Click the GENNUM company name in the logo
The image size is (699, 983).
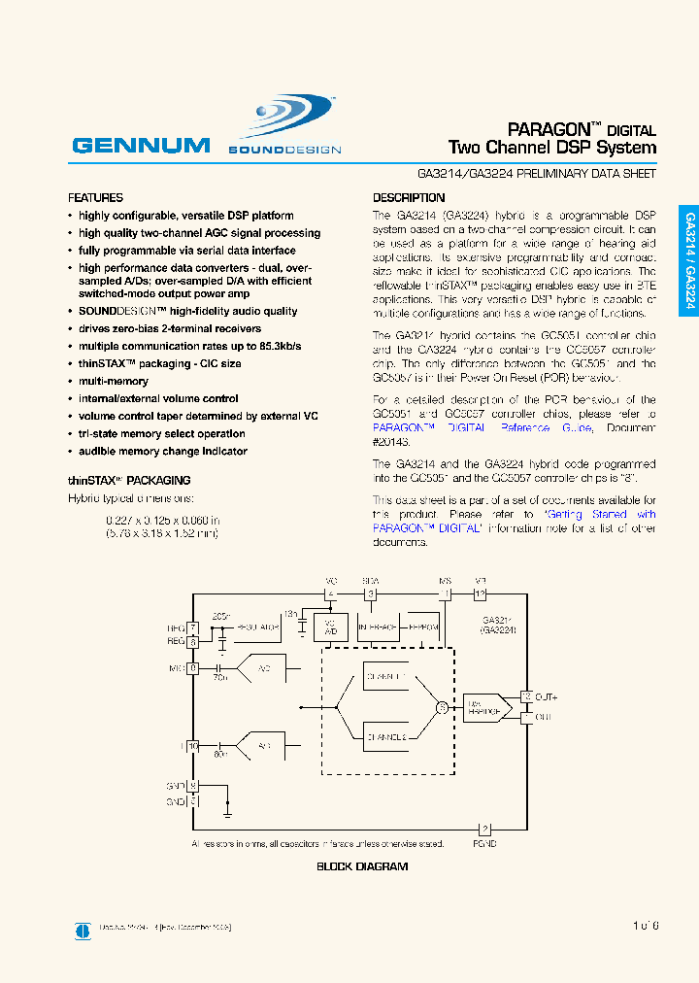(x=141, y=146)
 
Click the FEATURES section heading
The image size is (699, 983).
(x=95, y=197)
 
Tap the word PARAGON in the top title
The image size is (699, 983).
(x=549, y=129)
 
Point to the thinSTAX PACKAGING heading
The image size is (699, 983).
(x=129, y=480)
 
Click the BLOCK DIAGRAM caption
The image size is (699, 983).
(x=362, y=866)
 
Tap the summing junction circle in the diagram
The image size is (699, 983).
(x=442, y=707)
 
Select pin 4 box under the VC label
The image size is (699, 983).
(x=330, y=593)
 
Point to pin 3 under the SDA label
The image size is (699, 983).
(x=369, y=593)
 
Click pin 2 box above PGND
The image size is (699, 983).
(x=485, y=829)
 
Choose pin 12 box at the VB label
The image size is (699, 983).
(x=479, y=593)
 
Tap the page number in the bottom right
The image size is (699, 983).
(x=645, y=926)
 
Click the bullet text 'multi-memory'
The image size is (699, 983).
(x=114, y=382)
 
